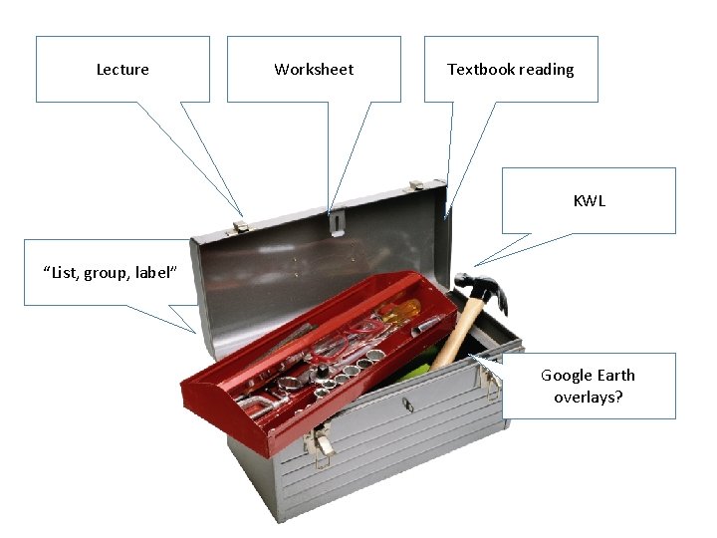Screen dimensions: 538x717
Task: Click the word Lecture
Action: [x=122, y=70]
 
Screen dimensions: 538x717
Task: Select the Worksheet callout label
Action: [x=314, y=70]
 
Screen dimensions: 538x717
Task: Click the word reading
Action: [x=545, y=70]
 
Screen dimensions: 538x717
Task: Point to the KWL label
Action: [x=589, y=201]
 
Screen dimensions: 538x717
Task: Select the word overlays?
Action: [x=588, y=397]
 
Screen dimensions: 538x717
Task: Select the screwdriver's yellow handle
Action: [x=398, y=315]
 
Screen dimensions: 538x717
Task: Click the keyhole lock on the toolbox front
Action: [x=405, y=404]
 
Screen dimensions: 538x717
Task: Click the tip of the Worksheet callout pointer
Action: [x=329, y=215]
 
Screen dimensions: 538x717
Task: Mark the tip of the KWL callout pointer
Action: [x=476, y=265]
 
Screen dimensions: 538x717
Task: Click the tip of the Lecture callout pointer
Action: [x=243, y=217]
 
